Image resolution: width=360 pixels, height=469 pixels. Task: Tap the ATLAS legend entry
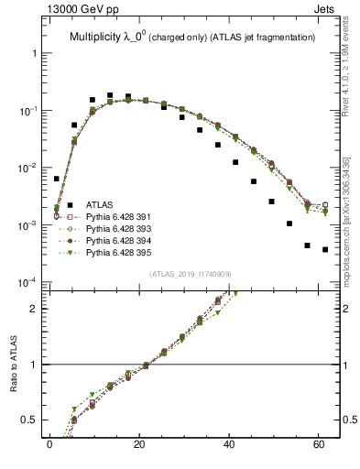click(99, 204)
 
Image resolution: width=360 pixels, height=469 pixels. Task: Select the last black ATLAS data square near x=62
click(325, 249)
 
